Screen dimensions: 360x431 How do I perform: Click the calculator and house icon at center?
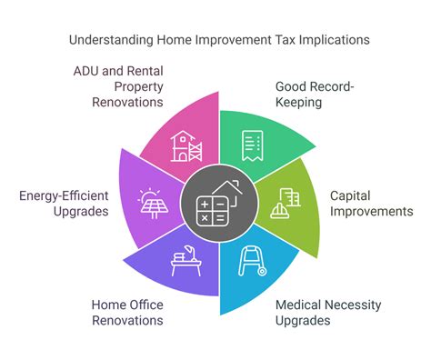[215, 203]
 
